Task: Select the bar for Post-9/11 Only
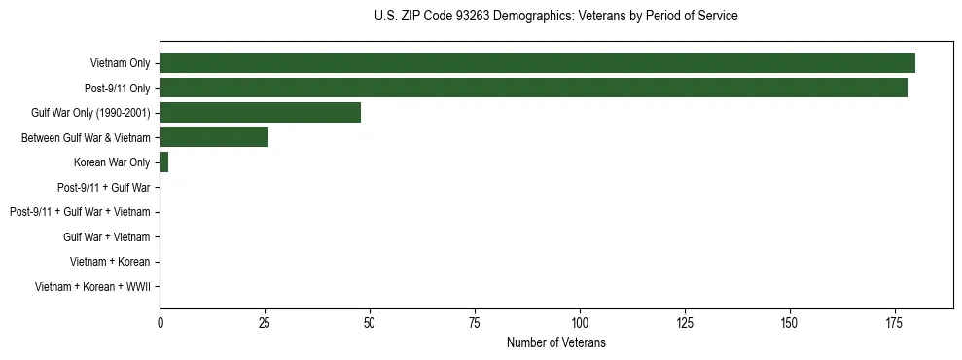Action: coord(533,88)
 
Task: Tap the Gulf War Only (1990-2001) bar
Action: coord(260,113)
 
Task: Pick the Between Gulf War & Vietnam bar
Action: coord(214,137)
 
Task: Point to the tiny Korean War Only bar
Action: coord(163,162)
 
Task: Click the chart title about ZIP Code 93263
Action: coord(555,17)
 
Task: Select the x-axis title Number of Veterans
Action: coord(555,342)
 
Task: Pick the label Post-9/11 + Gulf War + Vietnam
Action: coord(80,212)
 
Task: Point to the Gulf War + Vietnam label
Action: coord(106,236)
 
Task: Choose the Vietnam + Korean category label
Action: coord(110,262)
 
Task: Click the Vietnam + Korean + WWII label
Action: coord(92,286)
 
